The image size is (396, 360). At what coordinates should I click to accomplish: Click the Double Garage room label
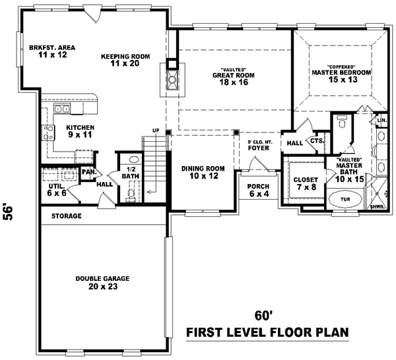pos(102,283)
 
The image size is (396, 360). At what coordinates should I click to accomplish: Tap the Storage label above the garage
pos(67,216)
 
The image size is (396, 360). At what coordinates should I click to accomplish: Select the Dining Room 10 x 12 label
pos(203,173)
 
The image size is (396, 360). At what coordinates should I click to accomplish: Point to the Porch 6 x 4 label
pos(259,191)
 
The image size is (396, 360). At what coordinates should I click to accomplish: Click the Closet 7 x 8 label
pos(306,183)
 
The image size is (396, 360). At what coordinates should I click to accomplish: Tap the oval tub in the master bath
pos(344,200)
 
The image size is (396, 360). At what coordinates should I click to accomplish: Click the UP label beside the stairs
pos(156,130)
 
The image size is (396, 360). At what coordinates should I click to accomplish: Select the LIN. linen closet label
pos(382,121)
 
